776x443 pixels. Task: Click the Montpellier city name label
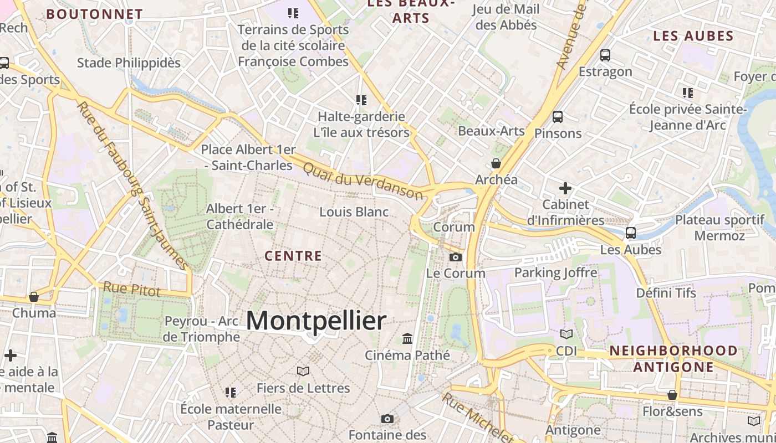316,321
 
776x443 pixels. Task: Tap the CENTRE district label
293,256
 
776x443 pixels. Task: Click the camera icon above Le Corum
456,257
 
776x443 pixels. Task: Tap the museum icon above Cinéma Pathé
407,338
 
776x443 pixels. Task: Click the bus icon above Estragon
605,55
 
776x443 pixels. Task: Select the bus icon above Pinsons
558,117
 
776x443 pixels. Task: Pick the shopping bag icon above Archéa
496,163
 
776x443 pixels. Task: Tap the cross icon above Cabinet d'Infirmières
565,188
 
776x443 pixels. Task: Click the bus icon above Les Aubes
631,233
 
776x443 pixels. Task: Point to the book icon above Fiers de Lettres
303,371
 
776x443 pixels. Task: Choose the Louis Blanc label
354,212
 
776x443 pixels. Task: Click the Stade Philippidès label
129,63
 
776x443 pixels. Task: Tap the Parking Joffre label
556,272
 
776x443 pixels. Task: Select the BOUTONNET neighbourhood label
94,14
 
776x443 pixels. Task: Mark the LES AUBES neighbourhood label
693,37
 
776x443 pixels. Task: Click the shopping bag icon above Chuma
34,297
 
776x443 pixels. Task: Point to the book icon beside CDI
566,334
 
